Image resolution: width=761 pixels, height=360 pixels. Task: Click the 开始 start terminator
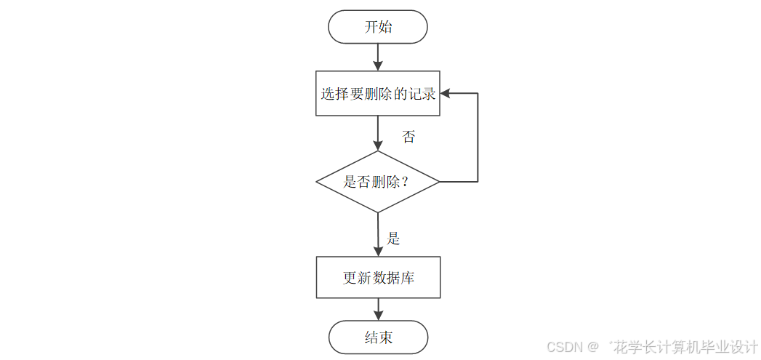pos(378,27)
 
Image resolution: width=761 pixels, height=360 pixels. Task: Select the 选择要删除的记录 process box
pos(378,93)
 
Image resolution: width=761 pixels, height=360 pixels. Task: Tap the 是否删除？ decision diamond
pos(378,182)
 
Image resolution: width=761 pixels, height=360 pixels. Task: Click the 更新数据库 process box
pos(378,277)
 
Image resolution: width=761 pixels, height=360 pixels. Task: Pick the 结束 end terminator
pos(378,337)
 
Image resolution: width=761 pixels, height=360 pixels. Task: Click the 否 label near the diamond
pos(408,137)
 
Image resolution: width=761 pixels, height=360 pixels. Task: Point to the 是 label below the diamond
pos(393,238)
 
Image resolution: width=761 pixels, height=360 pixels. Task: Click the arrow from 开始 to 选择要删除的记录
pos(378,57)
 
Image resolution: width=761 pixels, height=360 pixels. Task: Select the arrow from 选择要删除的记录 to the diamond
pos(378,133)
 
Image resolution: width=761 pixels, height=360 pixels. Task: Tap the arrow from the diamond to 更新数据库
pos(378,234)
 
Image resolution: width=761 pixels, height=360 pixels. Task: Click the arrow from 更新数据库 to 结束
pos(378,309)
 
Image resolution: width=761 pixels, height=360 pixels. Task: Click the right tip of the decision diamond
pos(438,181)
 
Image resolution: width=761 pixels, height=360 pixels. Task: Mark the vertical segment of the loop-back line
pos(478,138)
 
